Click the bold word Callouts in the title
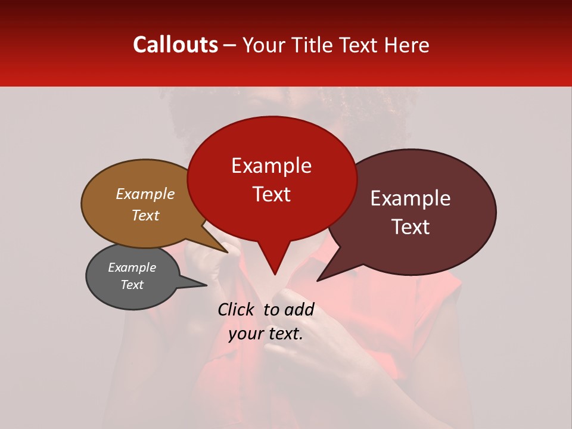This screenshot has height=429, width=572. [175, 45]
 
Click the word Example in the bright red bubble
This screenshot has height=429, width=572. [271, 166]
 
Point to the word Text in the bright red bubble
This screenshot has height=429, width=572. [272, 194]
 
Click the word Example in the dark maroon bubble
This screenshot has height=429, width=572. [411, 198]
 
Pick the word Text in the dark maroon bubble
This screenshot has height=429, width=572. [411, 227]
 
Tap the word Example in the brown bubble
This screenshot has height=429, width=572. [145, 194]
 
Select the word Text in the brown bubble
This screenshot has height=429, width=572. [145, 215]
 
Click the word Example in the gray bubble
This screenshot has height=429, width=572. [132, 268]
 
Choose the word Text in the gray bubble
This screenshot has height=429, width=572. [132, 285]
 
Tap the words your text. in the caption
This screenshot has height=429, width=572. [266, 334]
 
